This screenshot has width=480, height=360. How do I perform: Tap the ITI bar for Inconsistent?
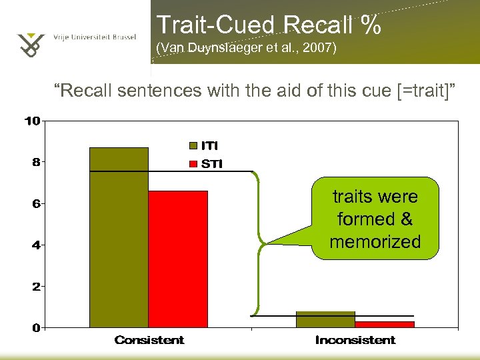(x=325, y=319)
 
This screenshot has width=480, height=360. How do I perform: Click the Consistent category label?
(x=149, y=341)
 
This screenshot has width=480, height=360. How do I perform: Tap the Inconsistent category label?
(x=355, y=341)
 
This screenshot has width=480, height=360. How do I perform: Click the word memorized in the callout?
(x=375, y=241)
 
